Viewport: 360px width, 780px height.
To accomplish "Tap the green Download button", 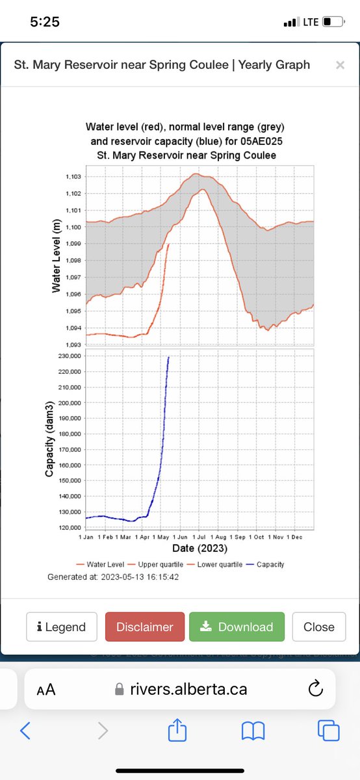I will tap(237, 627).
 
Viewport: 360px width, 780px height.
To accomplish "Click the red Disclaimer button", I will tap(144, 627).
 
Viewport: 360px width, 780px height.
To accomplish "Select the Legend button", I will tap(62, 627).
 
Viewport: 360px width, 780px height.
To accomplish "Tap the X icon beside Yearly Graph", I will tap(339, 65).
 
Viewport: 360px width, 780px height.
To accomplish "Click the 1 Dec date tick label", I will tap(296, 538).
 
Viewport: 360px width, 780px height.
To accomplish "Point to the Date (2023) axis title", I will tap(199, 549).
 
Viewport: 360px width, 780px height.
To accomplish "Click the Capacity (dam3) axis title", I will tap(49, 439).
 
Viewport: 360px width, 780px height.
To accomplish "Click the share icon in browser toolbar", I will tap(177, 731).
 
